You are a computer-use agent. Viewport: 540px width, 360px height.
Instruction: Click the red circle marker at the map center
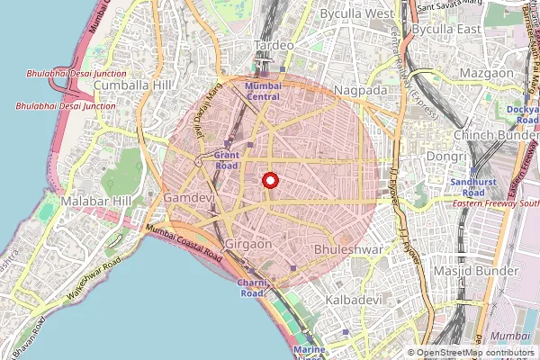(269, 181)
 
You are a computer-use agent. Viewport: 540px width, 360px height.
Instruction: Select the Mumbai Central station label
(263, 90)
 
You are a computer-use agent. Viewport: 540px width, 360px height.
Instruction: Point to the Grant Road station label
(227, 160)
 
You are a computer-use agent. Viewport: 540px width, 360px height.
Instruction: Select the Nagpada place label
(358, 90)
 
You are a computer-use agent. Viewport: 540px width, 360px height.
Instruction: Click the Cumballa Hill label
(132, 85)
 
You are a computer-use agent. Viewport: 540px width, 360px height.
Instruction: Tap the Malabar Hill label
(97, 201)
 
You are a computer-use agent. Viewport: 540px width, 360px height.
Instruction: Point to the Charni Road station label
(251, 288)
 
